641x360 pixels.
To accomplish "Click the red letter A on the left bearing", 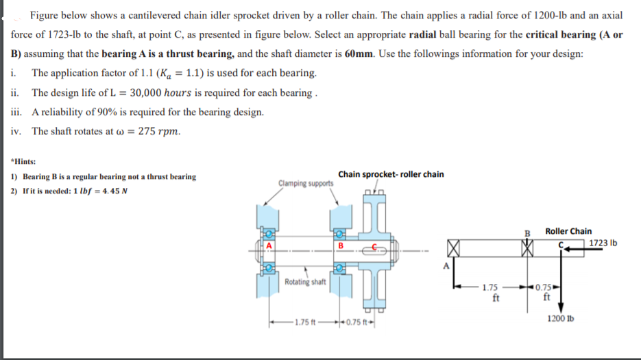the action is point(269,245).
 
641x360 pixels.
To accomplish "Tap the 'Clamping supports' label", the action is point(306,183).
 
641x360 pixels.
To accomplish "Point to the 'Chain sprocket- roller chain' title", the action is point(391,174).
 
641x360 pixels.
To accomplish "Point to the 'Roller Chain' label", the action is point(568,231).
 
